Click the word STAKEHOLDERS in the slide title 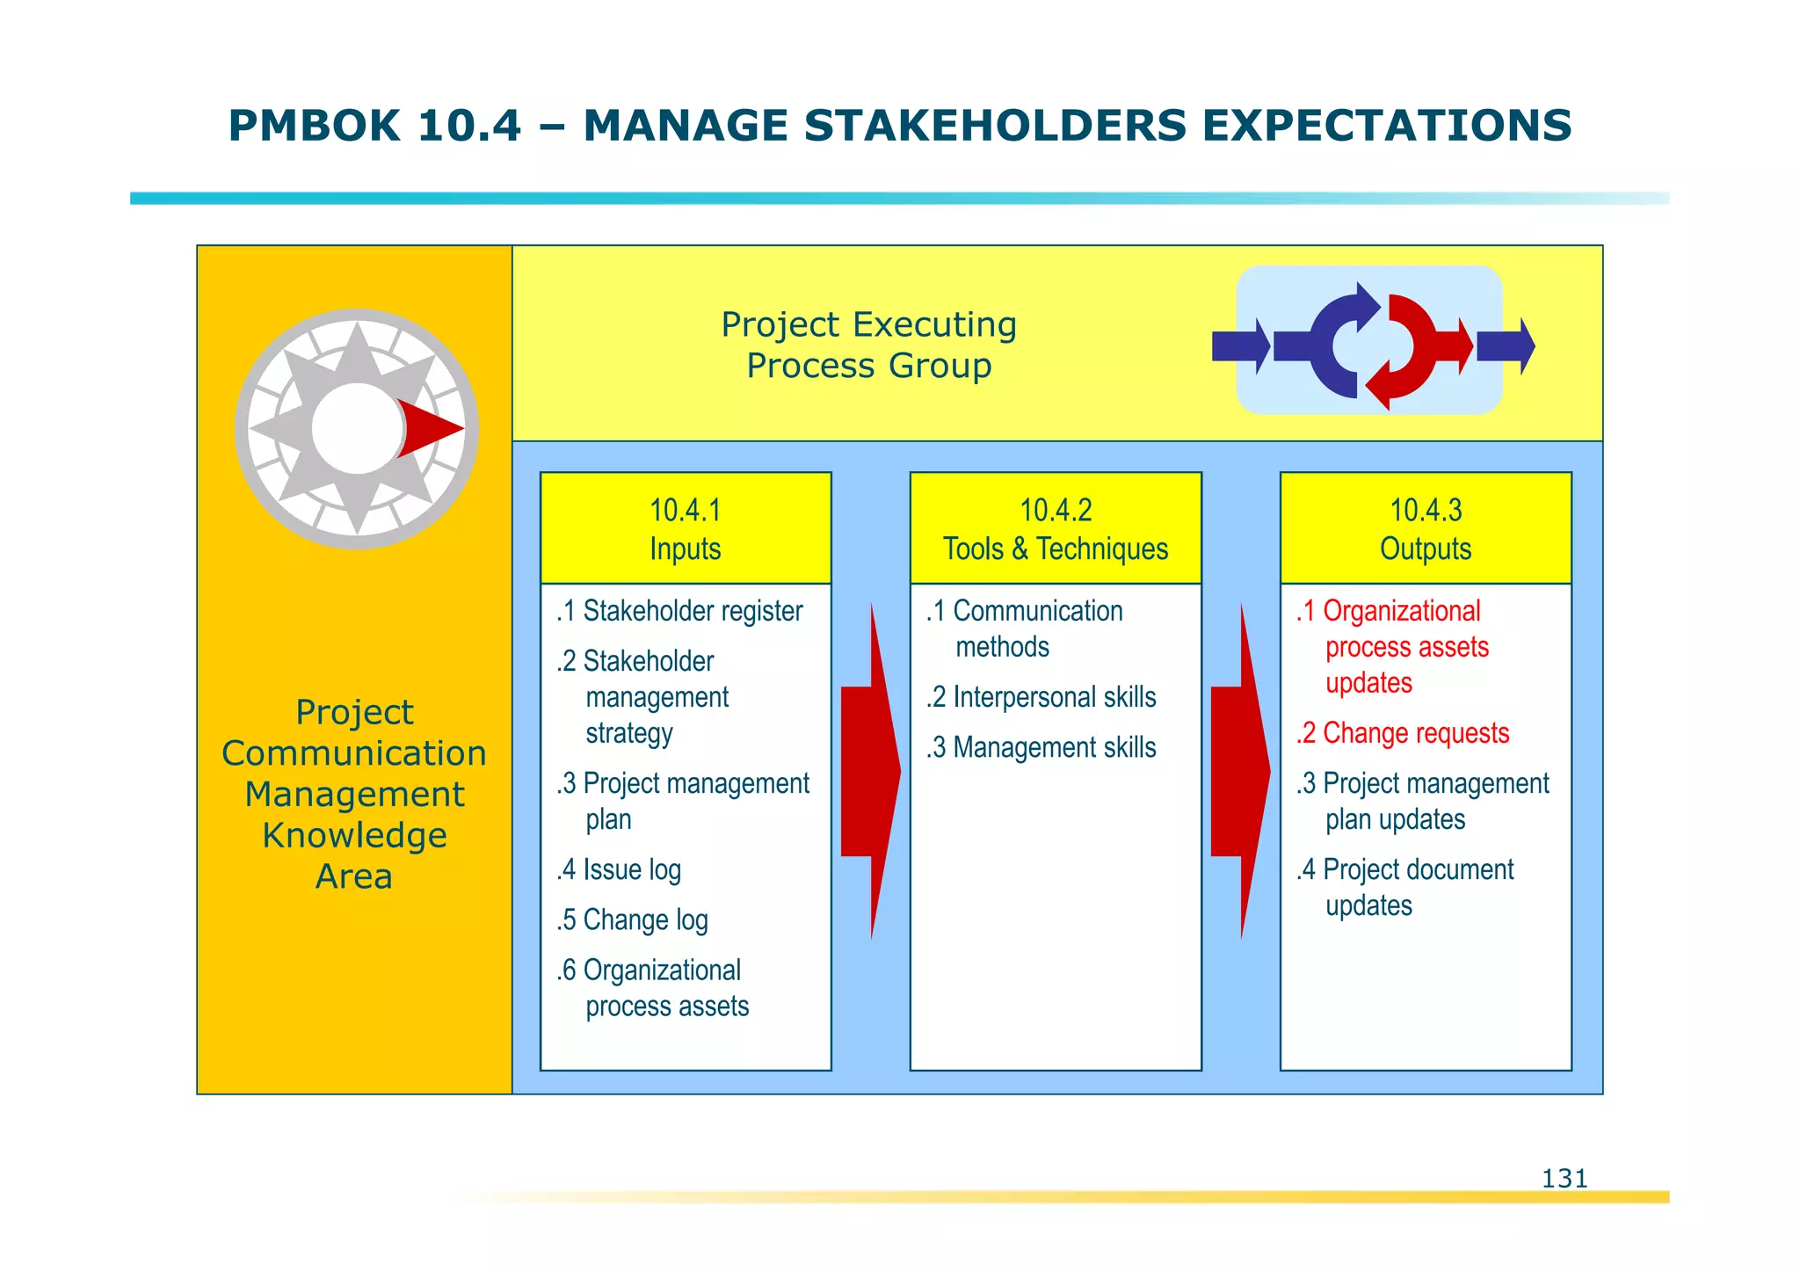coord(995,126)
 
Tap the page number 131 coord(1564,1178)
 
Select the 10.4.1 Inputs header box coord(686,528)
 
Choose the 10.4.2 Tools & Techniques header coord(1056,528)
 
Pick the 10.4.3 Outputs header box coord(1426,528)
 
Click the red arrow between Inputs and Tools coord(869,771)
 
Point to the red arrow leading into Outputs coord(1239,771)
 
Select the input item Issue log coord(620,869)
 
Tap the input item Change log coord(633,919)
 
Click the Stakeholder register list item coord(680,611)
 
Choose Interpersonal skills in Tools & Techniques coord(1042,697)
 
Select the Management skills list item coord(1042,747)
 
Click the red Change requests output coord(1403,733)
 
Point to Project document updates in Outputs coord(1406,886)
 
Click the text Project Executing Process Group coord(868,345)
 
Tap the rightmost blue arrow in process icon coord(1506,346)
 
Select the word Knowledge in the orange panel coord(354,835)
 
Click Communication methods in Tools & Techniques coord(1026,628)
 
